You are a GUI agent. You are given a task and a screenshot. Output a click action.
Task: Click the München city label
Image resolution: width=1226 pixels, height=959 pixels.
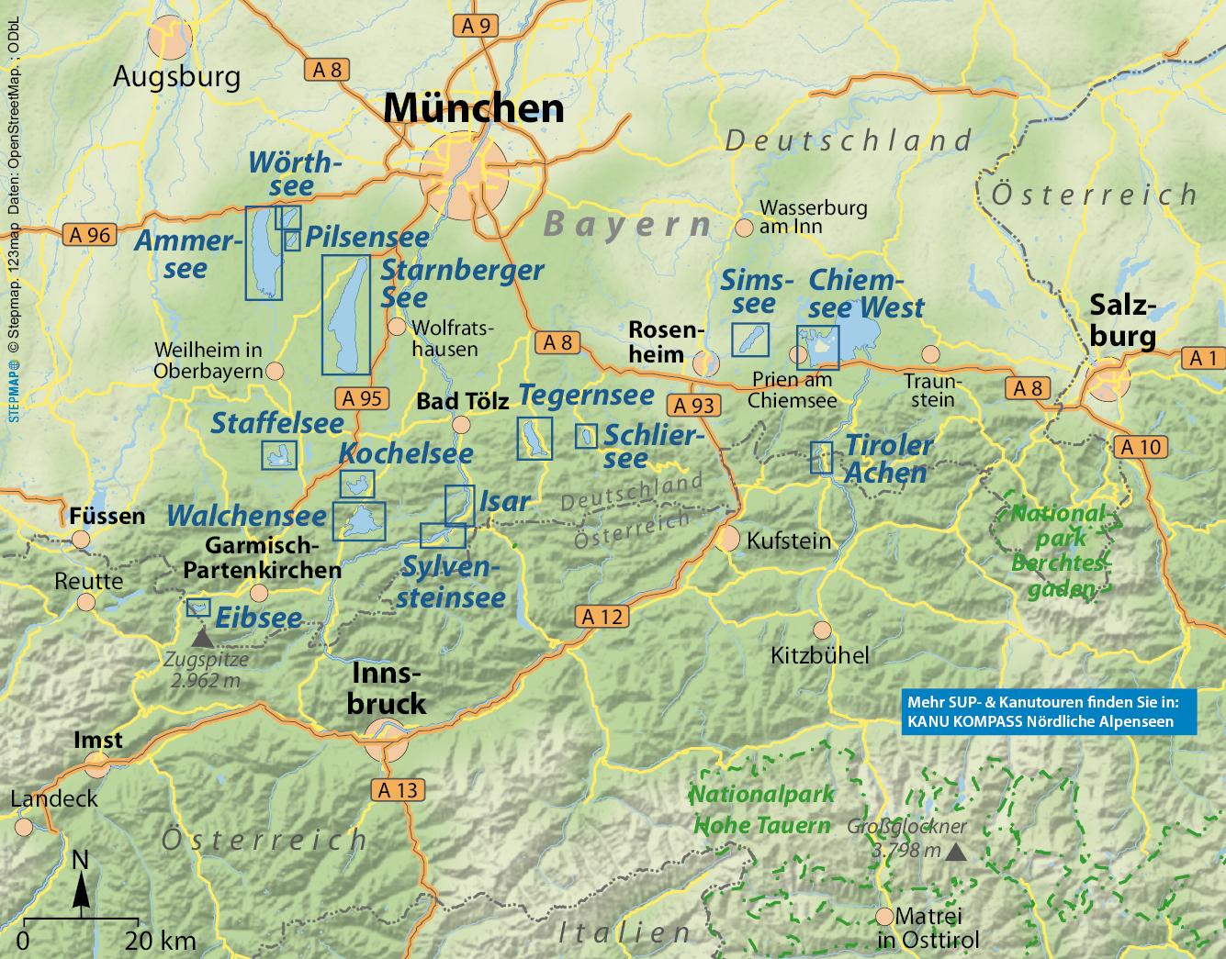[473, 108]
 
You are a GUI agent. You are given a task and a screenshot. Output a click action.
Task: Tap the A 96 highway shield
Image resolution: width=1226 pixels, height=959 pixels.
[89, 234]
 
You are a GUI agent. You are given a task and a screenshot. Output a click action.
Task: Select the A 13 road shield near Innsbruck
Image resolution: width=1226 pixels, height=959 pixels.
[397, 789]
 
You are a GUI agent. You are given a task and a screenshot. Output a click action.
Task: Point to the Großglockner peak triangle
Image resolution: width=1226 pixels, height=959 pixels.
[956, 853]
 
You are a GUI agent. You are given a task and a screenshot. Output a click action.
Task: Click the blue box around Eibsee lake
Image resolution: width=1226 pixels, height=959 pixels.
[198, 608]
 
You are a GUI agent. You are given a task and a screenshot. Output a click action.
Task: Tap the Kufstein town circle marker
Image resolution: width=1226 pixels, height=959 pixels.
[728, 539]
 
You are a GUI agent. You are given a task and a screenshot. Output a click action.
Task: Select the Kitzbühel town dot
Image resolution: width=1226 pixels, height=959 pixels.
[822, 630]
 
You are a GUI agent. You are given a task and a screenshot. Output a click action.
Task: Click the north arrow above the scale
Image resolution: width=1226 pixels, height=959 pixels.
[81, 883]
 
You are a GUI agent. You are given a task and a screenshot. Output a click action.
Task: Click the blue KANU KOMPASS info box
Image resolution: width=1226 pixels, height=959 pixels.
[1049, 711]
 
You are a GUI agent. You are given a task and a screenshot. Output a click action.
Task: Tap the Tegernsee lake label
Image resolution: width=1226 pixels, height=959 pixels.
[586, 396]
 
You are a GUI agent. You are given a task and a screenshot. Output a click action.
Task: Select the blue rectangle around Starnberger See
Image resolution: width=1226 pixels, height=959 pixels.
[345, 315]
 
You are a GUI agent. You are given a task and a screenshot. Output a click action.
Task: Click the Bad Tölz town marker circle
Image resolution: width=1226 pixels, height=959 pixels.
[461, 424]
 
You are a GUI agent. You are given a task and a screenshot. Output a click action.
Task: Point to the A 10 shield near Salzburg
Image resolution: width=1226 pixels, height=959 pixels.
[1142, 447]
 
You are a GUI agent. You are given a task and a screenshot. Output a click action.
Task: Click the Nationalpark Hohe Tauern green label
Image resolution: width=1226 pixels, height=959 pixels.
[761, 809]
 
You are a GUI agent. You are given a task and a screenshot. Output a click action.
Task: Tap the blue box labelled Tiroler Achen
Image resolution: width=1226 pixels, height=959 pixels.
[821, 457]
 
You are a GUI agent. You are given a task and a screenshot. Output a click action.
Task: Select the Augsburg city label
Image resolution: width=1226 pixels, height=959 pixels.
[176, 76]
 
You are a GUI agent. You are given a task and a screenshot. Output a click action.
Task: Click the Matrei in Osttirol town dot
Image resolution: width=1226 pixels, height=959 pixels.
[884, 916]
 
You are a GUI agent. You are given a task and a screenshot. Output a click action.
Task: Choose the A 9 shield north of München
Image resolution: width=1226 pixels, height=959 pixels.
[475, 26]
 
